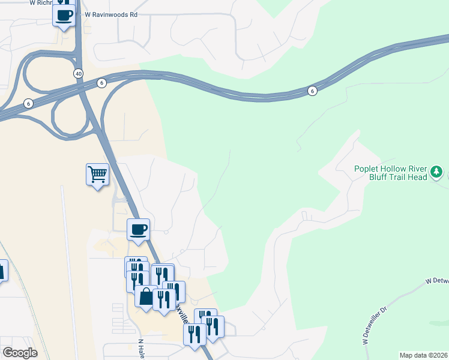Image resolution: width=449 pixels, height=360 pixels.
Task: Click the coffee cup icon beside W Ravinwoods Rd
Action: (64, 15)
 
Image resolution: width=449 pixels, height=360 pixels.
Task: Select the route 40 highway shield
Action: (79, 73)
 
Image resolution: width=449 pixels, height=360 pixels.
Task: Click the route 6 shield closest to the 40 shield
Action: (103, 82)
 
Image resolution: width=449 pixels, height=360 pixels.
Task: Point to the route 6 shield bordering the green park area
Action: (312, 91)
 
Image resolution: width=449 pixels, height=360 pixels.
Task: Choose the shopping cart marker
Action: (97, 175)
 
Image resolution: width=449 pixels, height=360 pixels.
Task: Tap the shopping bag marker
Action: (146, 296)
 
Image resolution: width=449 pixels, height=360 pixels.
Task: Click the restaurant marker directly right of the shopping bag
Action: (164, 298)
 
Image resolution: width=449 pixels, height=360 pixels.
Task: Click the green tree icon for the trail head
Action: (438, 174)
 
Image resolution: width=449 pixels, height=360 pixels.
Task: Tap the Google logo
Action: (20, 353)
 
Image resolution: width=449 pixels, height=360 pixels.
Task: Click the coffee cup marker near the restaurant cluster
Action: (139, 229)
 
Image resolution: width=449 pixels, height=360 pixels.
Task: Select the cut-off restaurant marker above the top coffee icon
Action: (64, 2)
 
